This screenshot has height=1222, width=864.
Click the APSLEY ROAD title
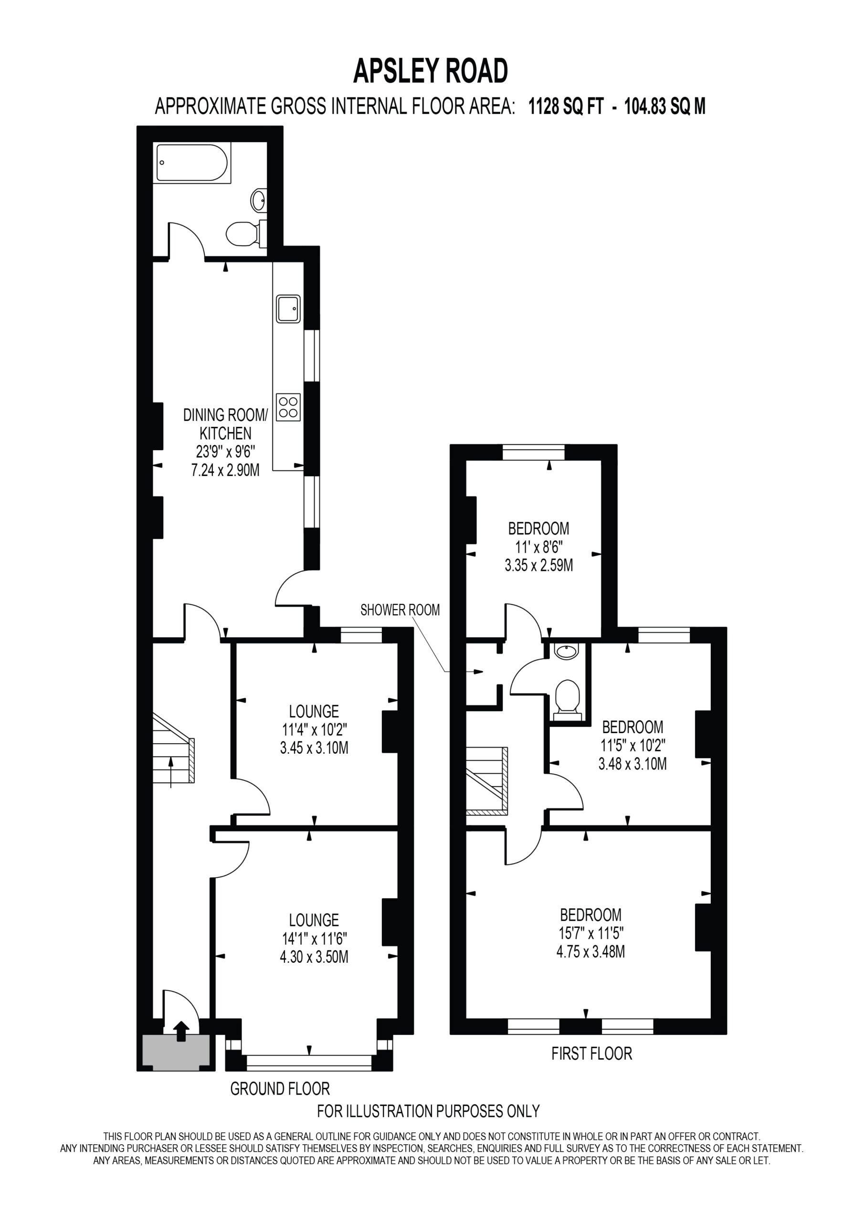pyautogui.click(x=431, y=71)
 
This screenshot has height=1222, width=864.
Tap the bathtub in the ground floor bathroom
pyautogui.click(x=192, y=163)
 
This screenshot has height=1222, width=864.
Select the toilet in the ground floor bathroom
pyautogui.click(x=246, y=233)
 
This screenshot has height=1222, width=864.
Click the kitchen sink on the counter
pyautogui.click(x=288, y=309)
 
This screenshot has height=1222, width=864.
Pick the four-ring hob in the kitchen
pyautogui.click(x=288, y=407)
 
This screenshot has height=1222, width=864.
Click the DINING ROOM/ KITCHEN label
pyautogui.click(x=226, y=424)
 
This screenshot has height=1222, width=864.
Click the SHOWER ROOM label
pyautogui.click(x=400, y=610)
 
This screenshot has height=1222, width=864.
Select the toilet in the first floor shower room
pyautogui.click(x=568, y=700)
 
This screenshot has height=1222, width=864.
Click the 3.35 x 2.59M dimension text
pyautogui.click(x=539, y=565)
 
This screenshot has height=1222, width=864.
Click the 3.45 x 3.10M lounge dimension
pyautogui.click(x=314, y=748)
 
